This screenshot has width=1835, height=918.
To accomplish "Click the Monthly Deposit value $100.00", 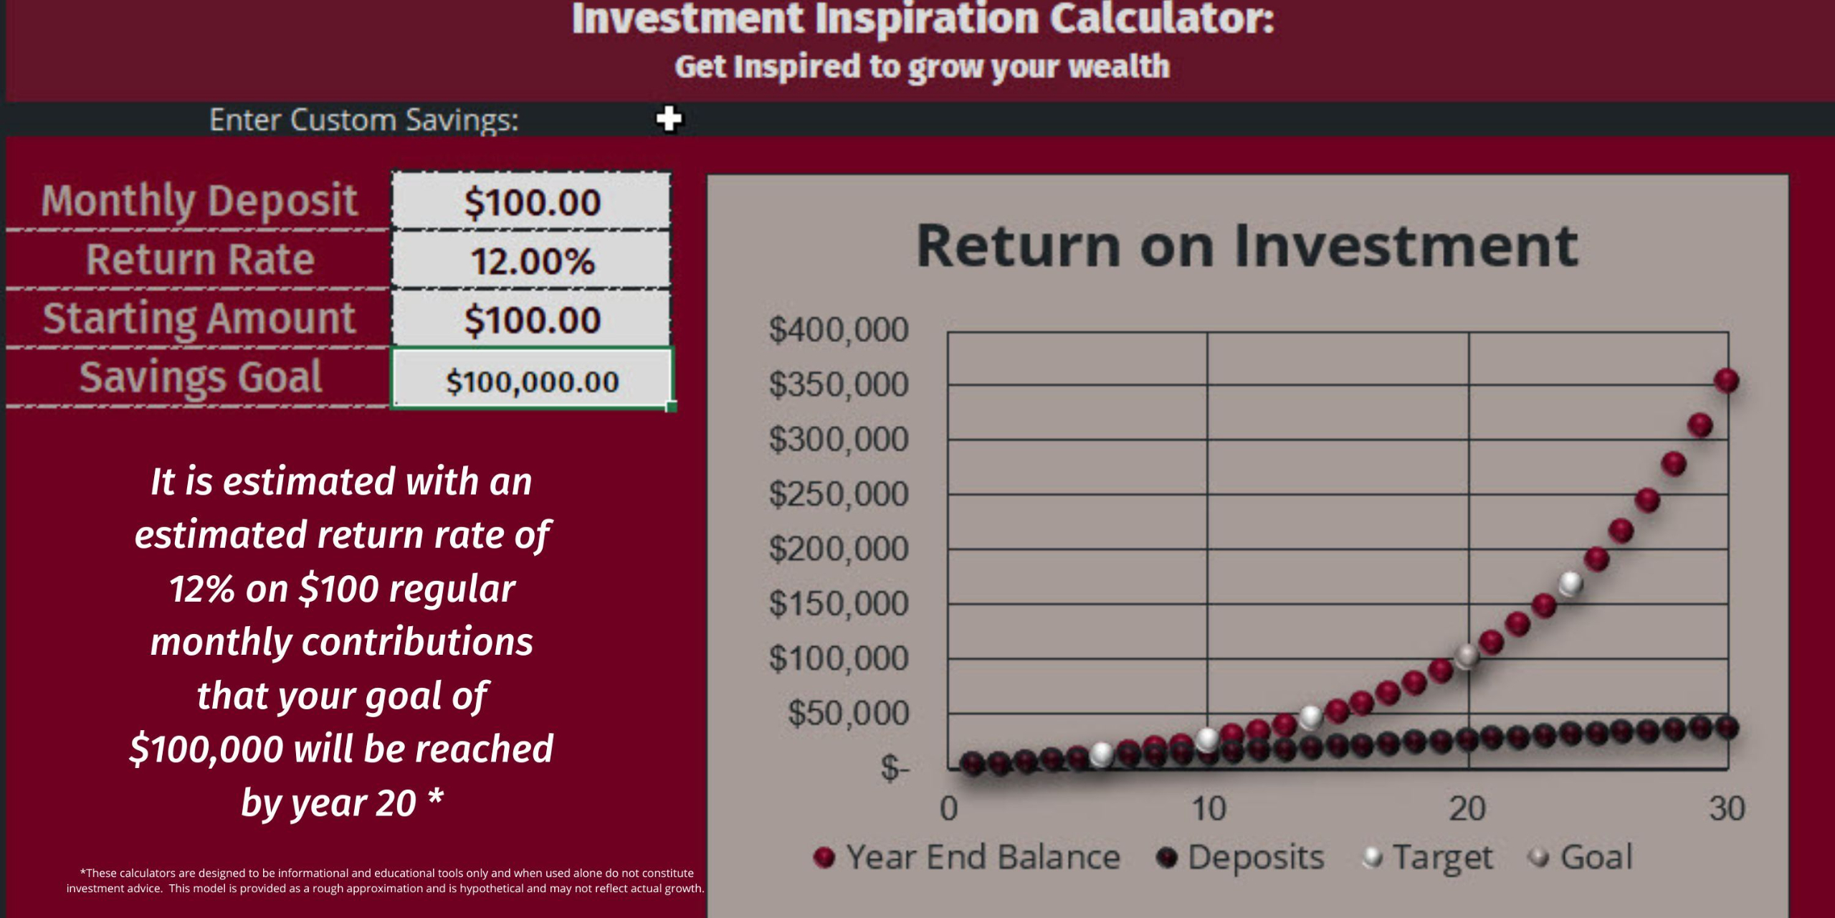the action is [x=532, y=202].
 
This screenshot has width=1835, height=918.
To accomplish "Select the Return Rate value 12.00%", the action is [x=532, y=261].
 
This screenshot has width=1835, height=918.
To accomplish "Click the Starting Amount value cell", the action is [x=532, y=319].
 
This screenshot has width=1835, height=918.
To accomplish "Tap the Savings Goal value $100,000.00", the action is [x=532, y=382].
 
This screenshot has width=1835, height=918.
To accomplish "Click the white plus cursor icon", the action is [x=669, y=118].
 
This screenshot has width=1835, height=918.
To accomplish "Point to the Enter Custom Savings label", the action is [x=364, y=120].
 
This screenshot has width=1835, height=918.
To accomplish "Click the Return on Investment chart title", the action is [x=1247, y=246].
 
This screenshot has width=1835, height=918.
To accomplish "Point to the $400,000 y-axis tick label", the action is [x=839, y=330].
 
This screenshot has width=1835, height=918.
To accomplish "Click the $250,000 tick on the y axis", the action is [x=839, y=494].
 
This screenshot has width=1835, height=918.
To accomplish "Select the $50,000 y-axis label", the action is [x=849, y=713].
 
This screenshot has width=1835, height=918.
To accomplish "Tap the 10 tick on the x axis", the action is [x=1209, y=809].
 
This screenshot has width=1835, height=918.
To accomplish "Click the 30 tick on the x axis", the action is [x=1727, y=809].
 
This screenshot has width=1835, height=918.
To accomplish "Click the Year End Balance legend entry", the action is [x=967, y=857].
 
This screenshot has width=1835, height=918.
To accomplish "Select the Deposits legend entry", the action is [x=1241, y=857].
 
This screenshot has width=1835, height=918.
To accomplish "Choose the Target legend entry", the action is [x=1427, y=857].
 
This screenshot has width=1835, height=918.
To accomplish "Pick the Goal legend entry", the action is [x=1581, y=857].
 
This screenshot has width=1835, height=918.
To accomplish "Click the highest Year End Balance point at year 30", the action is [x=1727, y=380].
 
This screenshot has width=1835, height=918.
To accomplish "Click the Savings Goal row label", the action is [x=201, y=378].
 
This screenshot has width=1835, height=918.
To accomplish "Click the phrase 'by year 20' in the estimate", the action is [x=328, y=803].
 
